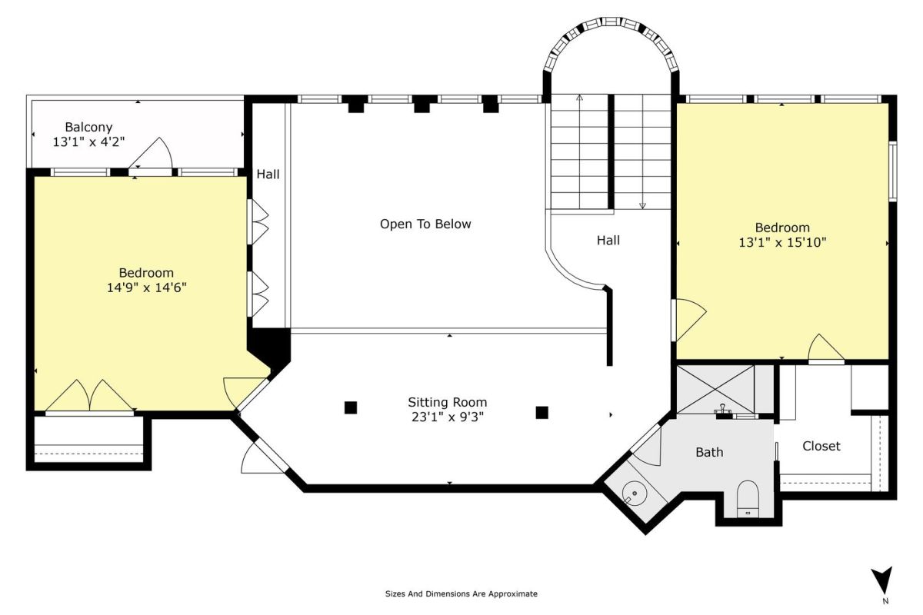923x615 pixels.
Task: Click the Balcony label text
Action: pyautogui.click(x=88, y=127)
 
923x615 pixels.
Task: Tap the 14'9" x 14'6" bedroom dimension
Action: pyautogui.click(x=147, y=288)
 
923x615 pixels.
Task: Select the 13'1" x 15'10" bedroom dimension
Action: pyautogui.click(x=782, y=242)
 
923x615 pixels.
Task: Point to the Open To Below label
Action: pyautogui.click(x=425, y=224)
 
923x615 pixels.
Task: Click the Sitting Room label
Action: pyautogui.click(x=448, y=403)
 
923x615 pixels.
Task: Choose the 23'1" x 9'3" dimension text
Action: pyautogui.click(x=448, y=417)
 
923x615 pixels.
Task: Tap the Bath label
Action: pyautogui.click(x=709, y=452)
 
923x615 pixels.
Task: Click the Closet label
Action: pyautogui.click(x=821, y=446)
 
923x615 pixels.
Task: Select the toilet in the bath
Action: pyautogui.click(x=748, y=498)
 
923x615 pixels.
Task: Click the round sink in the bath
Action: pyautogui.click(x=635, y=493)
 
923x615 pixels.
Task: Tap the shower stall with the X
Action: pyautogui.click(x=715, y=389)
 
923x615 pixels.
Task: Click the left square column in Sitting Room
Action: pyautogui.click(x=351, y=407)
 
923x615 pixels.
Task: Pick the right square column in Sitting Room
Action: pyautogui.click(x=541, y=412)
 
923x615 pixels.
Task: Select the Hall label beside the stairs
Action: pyautogui.click(x=608, y=241)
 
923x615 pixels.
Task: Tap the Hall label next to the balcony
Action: pyautogui.click(x=268, y=175)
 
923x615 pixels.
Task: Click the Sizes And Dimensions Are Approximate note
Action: pyautogui.click(x=461, y=594)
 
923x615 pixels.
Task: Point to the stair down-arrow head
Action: pyautogui.click(x=642, y=205)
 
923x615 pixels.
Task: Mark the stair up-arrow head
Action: pyautogui.click(x=580, y=98)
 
